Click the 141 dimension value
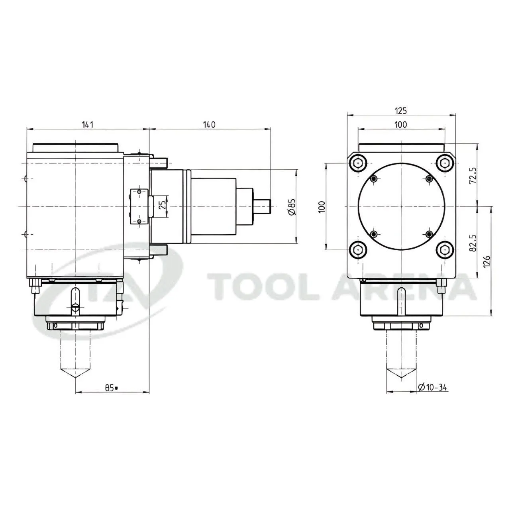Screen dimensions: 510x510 (87, 124)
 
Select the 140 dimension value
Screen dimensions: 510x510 (209, 124)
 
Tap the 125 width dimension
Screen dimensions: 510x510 (401, 111)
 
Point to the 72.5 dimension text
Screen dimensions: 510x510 (473, 175)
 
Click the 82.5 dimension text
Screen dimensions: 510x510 (473, 243)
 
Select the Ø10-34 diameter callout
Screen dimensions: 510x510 (432, 387)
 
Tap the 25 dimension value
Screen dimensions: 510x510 (163, 205)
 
